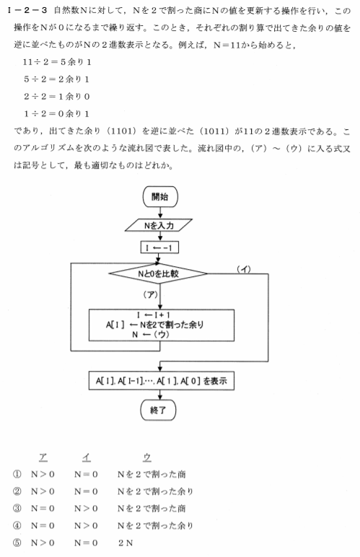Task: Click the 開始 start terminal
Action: tap(160, 197)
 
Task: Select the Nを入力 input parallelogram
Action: tap(159, 225)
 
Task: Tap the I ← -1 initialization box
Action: tap(159, 247)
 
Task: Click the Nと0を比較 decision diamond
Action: tap(158, 273)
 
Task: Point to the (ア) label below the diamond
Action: tap(151, 294)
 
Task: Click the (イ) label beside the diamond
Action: tap(244, 269)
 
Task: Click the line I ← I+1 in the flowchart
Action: tap(154, 315)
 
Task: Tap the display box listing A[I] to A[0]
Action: tap(161, 381)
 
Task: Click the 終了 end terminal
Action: tap(158, 411)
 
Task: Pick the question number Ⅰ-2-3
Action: tap(27, 10)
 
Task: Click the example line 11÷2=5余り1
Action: tap(57, 62)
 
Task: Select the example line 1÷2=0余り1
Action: tap(56, 114)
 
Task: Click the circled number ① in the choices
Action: tap(17, 474)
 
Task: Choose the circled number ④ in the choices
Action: tap(17, 525)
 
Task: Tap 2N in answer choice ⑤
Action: tap(126, 543)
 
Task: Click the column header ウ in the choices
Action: tap(147, 457)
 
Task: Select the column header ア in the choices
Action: tap(43, 457)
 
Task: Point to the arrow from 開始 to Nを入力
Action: tap(160, 213)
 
